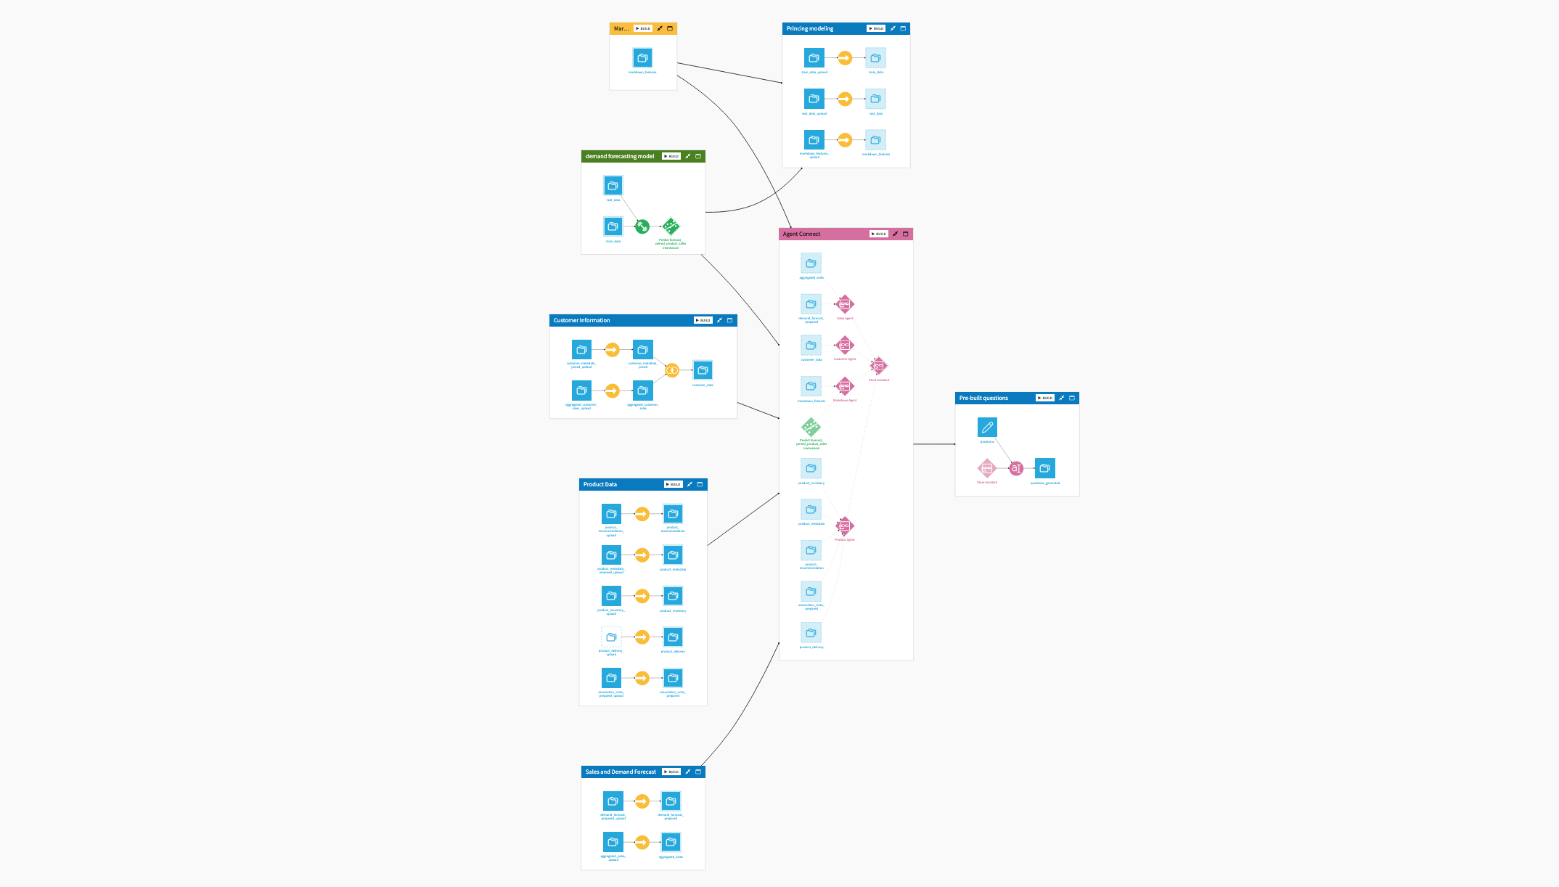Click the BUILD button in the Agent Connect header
(x=878, y=234)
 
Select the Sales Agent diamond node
(x=845, y=304)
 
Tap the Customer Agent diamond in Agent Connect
(x=845, y=345)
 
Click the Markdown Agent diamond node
(x=845, y=386)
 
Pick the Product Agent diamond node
(x=845, y=526)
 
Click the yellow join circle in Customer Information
(x=672, y=370)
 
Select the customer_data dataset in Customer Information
(x=703, y=370)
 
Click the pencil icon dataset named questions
(x=987, y=428)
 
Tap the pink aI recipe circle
(x=1016, y=468)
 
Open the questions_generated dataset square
(x=1045, y=468)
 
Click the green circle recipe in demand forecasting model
(x=642, y=226)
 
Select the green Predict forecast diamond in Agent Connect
(x=811, y=427)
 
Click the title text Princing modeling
(x=810, y=28)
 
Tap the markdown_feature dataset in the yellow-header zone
(x=642, y=58)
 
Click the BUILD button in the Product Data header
(x=673, y=484)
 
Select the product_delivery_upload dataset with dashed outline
(x=611, y=637)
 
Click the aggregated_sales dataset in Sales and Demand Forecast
(x=671, y=843)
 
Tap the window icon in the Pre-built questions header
(x=1072, y=398)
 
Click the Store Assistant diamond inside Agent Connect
(x=879, y=366)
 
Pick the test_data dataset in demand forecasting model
(x=613, y=186)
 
